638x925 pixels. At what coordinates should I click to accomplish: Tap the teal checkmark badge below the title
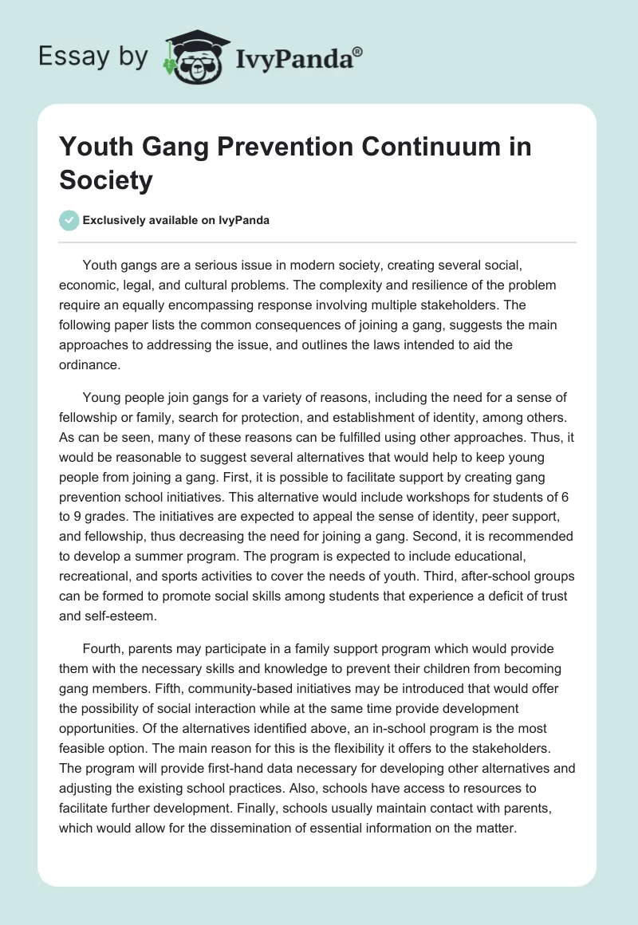click(69, 220)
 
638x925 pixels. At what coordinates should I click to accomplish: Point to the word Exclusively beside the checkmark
click(116, 220)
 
